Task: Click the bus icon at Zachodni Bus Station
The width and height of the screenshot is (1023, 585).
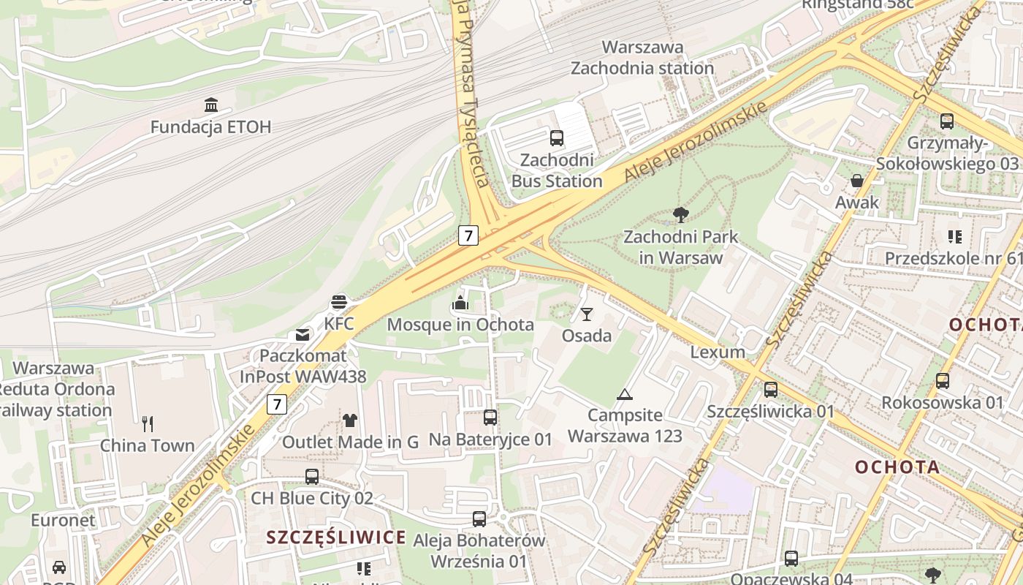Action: pyautogui.click(x=557, y=137)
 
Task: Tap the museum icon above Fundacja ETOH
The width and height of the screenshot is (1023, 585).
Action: pyautogui.click(x=211, y=105)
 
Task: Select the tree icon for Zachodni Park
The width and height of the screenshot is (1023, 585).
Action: pyautogui.click(x=680, y=214)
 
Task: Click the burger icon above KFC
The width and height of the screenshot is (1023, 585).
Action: pyautogui.click(x=338, y=301)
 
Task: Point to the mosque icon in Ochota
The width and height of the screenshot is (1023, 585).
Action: pyautogui.click(x=460, y=302)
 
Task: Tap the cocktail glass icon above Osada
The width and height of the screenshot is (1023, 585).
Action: pyautogui.click(x=586, y=314)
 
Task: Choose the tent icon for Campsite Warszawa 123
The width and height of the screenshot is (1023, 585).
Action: pyautogui.click(x=624, y=394)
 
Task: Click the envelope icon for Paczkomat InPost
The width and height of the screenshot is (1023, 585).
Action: pyautogui.click(x=303, y=335)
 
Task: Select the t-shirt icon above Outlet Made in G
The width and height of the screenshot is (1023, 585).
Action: pyautogui.click(x=350, y=420)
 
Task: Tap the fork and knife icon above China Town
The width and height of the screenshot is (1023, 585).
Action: pyautogui.click(x=148, y=423)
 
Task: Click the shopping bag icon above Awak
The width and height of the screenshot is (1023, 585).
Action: pyautogui.click(x=856, y=180)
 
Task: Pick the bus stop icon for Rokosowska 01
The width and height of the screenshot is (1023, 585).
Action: pyautogui.click(x=943, y=380)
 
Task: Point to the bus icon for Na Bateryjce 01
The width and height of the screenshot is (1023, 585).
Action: pyautogui.click(x=490, y=417)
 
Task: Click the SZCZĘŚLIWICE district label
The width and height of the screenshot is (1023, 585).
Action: pyautogui.click(x=336, y=537)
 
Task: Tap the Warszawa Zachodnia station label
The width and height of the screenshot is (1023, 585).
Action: pyautogui.click(x=642, y=58)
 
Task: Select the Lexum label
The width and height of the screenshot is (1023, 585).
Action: pyautogui.click(x=718, y=352)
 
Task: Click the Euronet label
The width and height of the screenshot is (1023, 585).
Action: pyautogui.click(x=63, y=521)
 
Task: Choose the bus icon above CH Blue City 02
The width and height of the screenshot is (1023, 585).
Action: pyautogui.click(x=312, y=476)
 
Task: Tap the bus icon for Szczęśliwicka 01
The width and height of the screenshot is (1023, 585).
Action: pyautogui.click(x=771, y=390)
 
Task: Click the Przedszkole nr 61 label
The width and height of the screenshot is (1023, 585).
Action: pyautogui.click(x=953, y=258)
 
